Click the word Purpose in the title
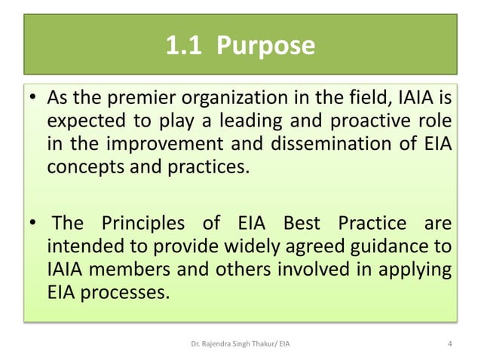click(265, 47)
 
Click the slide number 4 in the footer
click(449, 345)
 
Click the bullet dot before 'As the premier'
click(33, 99)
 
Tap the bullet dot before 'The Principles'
click(33, 224)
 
